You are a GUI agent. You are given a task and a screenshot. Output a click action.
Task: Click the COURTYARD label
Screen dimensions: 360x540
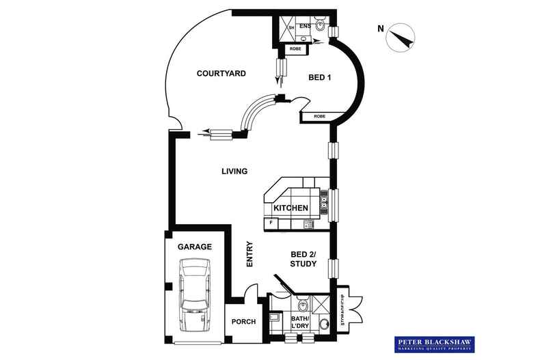point(221,73)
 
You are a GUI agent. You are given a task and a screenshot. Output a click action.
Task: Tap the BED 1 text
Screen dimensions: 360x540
point(318,78)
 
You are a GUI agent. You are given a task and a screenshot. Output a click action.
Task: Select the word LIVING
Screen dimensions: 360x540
point(234,171)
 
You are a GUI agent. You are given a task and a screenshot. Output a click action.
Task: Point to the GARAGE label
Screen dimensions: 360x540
point(195,247)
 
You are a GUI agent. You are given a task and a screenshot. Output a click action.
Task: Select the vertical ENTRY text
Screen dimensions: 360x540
point(249,254)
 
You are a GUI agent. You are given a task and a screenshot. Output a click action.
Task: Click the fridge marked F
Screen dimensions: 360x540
point(271,223)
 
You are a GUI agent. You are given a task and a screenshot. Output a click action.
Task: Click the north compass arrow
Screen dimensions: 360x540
point(402,39)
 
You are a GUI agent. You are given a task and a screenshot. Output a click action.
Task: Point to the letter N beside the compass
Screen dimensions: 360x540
point(380,28)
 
